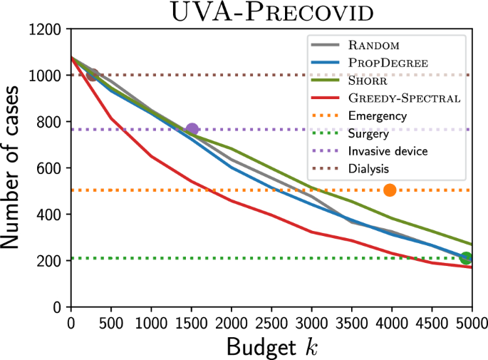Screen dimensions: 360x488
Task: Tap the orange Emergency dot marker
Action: (x=390, y=190)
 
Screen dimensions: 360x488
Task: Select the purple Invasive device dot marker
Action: (x=192, y=129)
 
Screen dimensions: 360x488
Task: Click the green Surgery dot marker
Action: (x=466, y=258)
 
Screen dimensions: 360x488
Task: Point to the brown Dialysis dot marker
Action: (x=91, y=75)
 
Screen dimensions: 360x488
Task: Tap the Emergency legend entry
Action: (x=378, y=115)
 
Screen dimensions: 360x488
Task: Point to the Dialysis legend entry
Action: (x=368, y=168)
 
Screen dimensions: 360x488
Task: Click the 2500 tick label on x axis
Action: (x=270, y=322)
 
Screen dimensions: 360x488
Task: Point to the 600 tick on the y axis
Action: (x=51, y=168)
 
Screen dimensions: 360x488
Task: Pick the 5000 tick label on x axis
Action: (x=470, y=322)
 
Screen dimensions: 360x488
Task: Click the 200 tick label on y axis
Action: (x=51, y=261)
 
